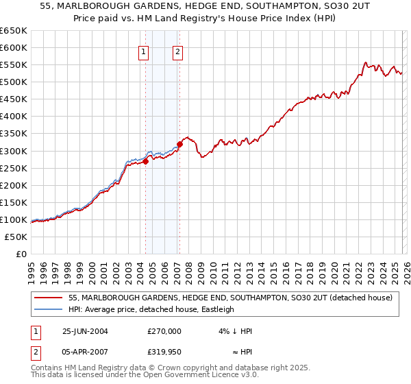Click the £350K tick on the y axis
tap(14, 134)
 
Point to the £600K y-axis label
tap(14, 47)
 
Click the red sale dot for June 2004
tap(146, 161)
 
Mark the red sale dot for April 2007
tap(179, 144)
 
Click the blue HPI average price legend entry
tap(151, 309)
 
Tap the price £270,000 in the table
tap(164, 331)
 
